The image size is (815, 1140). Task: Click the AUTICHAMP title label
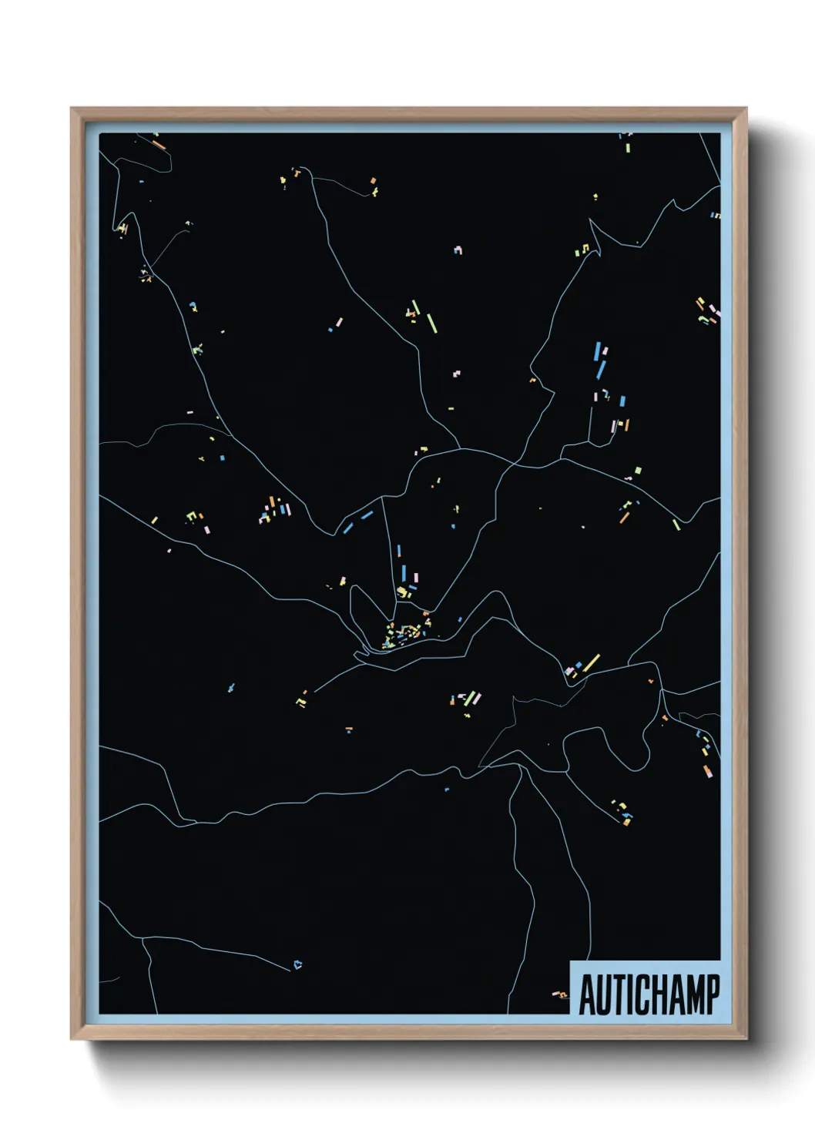[649, 994]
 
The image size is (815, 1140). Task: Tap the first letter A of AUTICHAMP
[588, 995]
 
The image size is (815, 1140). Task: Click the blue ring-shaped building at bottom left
[297, 964]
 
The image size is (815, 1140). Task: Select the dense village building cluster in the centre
[404, 633]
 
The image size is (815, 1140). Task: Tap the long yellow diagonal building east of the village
[591, 662]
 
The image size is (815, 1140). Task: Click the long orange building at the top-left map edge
[159, 144]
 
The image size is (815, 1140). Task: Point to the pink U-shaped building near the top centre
[458, 250]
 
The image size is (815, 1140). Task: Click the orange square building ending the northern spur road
[374, 181]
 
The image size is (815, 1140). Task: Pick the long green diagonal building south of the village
[470, 698]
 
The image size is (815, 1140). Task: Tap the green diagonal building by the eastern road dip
[676, 525]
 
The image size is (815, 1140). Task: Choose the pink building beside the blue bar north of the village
[416, 577]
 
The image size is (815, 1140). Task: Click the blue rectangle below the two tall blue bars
[622, 401]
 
